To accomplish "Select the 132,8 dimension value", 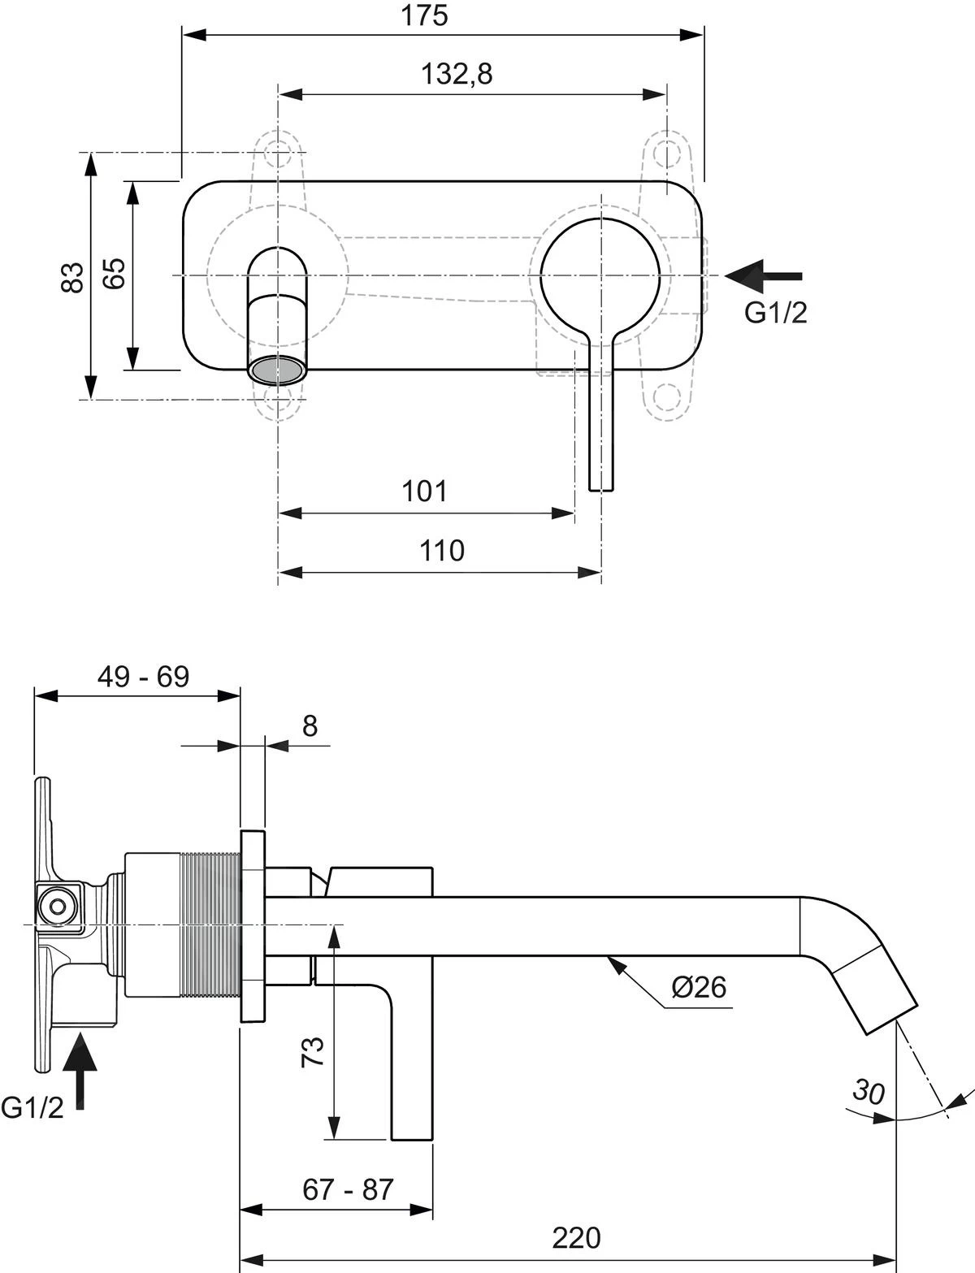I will click(457, 74).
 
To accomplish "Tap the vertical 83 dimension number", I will click(73, 277).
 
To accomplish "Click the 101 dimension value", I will click(425, 491).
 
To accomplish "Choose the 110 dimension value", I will click(442, 551).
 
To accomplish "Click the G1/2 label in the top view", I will click(776, 313).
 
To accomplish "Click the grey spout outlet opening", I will click(277, 372).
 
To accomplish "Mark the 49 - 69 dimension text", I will click(143, 676).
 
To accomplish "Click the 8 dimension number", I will click(310, 725).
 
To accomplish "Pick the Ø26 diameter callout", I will click(699, 987).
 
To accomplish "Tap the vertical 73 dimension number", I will click(314, 1051).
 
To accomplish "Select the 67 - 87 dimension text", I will click(348, 1189).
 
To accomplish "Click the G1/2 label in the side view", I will click(32, 1107).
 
